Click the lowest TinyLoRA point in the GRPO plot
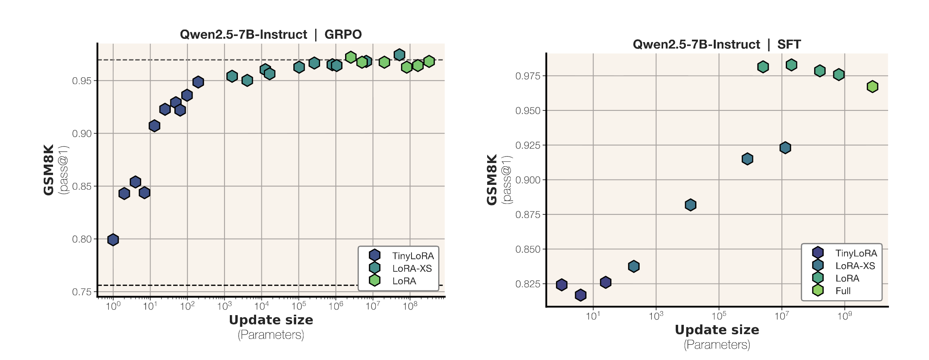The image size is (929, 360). pyautogui.click(x=113, y=240)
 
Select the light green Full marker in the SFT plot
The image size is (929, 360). pyautogui.click(x=872, y=87)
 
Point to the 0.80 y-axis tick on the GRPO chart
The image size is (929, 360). pyautogui.click(x=82, y=239)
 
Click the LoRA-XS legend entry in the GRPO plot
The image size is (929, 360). pyautogui.click(x=411, y=268)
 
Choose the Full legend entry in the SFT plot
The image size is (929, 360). pyautogui.click(x=843, y=291)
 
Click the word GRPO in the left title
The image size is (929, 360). pyautogui.click(x=343, y=34)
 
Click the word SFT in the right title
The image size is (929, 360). pyautogui.click(x=789, y=44)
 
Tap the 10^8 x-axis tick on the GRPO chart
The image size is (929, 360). pyautogui.click(x=410, y=306)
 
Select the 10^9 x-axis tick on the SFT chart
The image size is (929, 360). pyautogui.click(x=844, y=316)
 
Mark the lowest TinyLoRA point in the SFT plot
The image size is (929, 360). pyautogui.click(x=581, y=295)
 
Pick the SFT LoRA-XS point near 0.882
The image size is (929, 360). pyautogui.click(x=691, y=205)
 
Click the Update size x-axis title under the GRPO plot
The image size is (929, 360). pyautogui.click(x=271, y=320)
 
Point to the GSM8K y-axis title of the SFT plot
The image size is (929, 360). pyautogui.click(x=492, y=180)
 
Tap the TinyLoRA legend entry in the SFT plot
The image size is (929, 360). pyautogui.click(x=856, y=253)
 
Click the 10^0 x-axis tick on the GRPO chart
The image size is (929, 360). pyautogui.click(x=113, y=306)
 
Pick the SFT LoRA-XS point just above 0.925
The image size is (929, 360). pyautogui.click(x=785, y=148)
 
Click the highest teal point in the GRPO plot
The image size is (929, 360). pyautogui.click(x=399, y=55)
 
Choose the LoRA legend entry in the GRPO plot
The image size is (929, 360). pyautogui.click(x=404, y=281)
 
